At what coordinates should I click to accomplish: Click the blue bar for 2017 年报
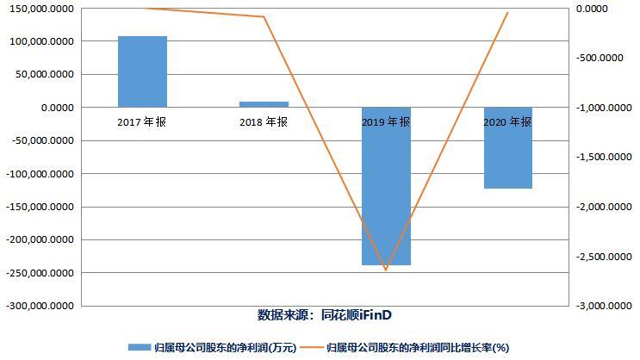142,71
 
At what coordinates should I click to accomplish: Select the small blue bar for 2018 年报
264,104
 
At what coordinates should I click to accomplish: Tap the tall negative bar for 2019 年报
386,186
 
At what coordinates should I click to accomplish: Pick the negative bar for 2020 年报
507,148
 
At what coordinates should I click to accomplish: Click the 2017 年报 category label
142,122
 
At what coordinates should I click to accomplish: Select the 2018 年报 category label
264,122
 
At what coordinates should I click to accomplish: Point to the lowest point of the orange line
386,270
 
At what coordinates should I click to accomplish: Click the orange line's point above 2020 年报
507,13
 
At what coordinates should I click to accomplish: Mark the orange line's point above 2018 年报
264,17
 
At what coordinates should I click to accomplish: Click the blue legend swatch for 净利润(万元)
139,348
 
